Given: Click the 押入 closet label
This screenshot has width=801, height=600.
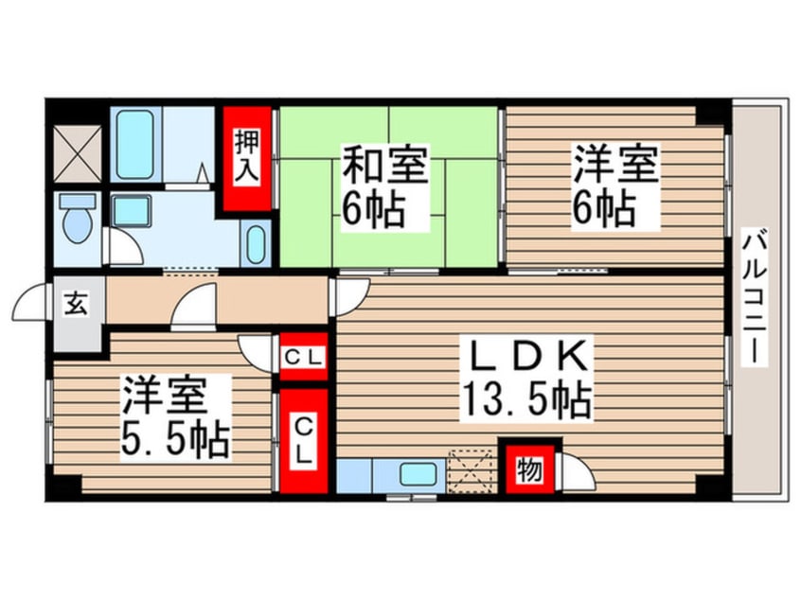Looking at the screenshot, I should (249, 158).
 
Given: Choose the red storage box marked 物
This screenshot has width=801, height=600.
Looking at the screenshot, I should (529, 467).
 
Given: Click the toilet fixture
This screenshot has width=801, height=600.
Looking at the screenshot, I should (77, 220).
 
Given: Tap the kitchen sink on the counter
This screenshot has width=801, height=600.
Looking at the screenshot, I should (416, 473).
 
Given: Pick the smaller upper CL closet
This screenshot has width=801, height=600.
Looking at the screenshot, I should (303, 357).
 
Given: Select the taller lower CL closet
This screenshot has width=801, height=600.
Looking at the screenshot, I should (303, 439).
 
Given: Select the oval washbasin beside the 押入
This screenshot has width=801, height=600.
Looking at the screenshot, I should (256, 245).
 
